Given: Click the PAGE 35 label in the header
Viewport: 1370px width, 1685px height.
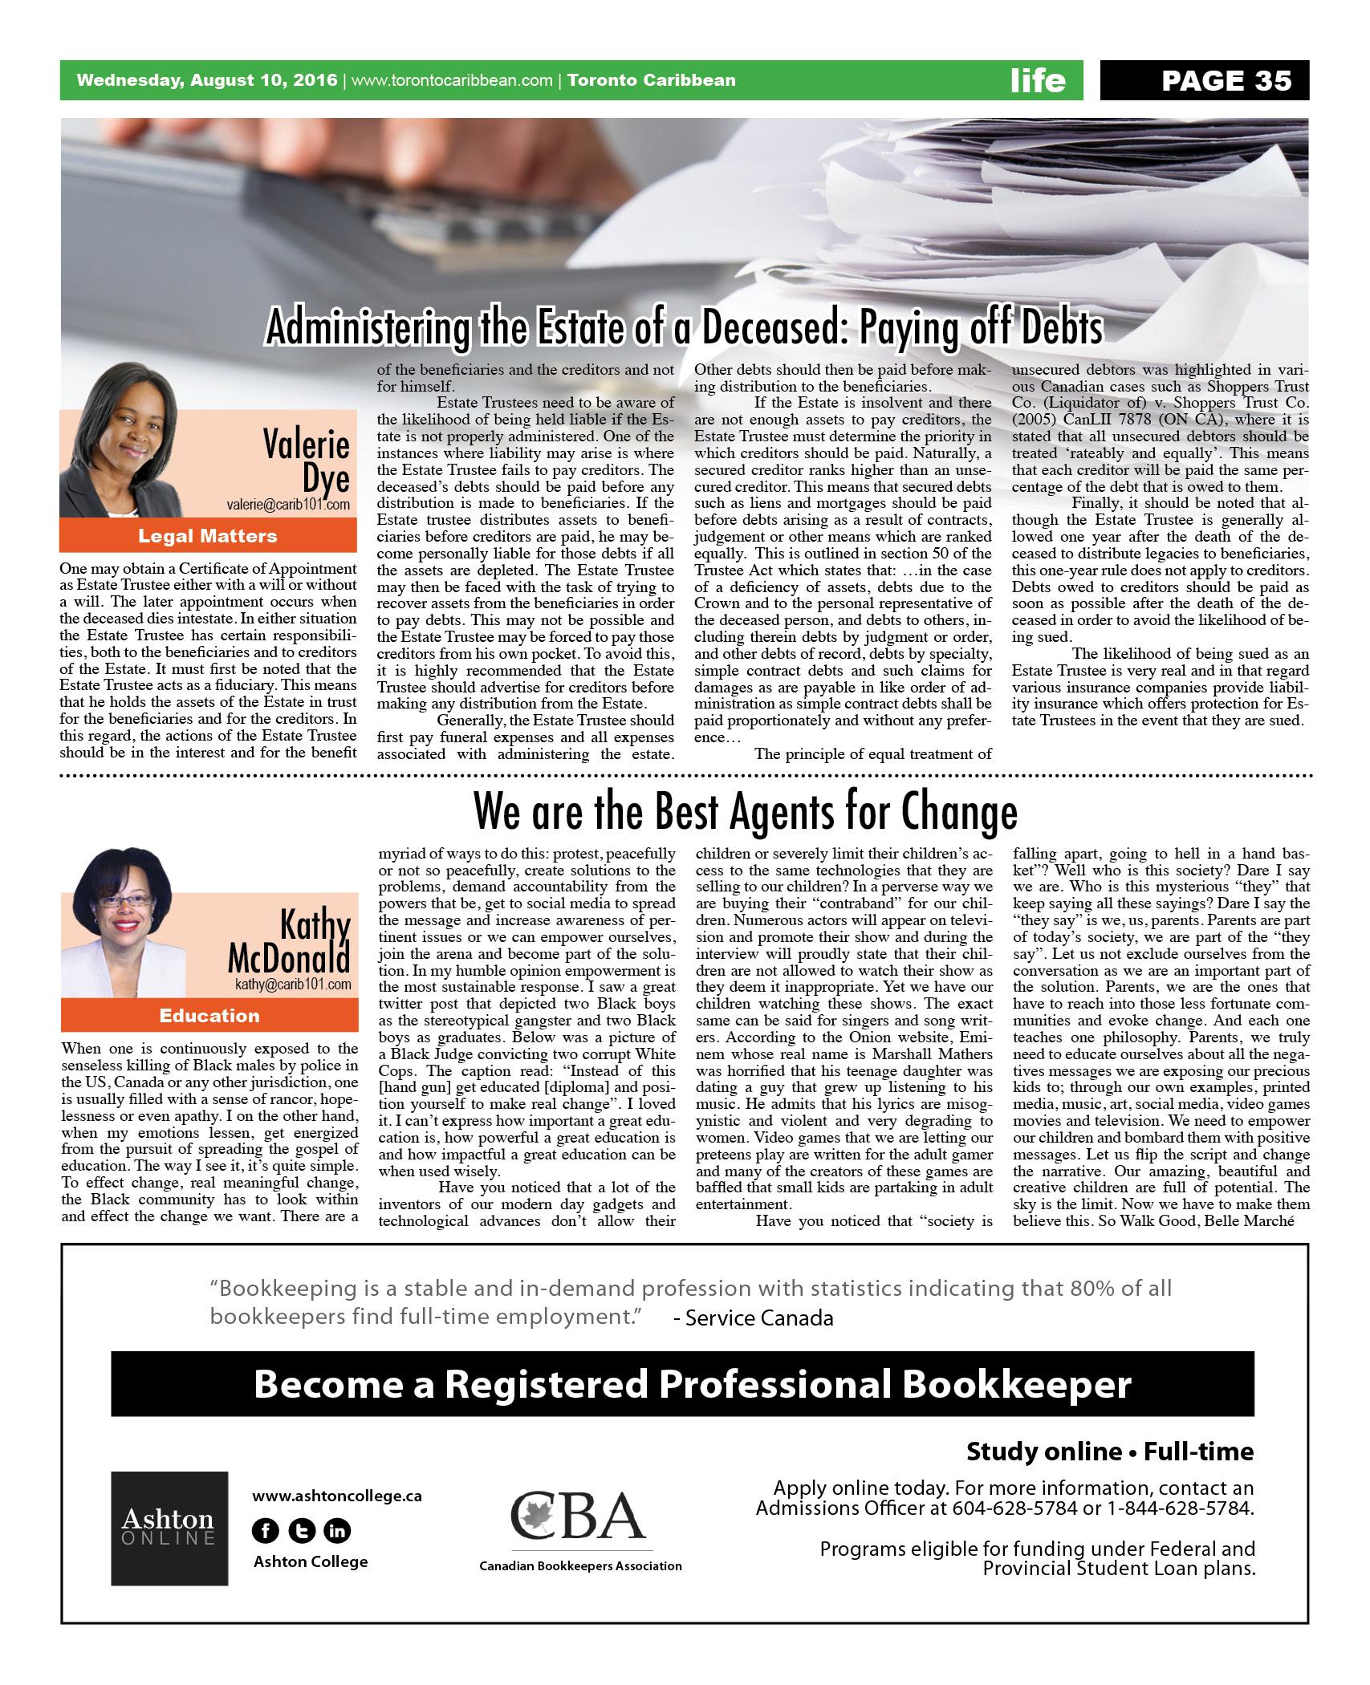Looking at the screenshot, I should pos(1226,80).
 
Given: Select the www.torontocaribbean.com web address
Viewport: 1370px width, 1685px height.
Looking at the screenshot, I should pos(452,80).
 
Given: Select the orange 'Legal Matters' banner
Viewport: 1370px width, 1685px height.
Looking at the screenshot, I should pos(208,536).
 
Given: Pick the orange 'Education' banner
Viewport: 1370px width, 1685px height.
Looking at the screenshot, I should pos(209,1016).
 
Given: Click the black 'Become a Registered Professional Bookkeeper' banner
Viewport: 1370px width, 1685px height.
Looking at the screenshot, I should pos(682,1383).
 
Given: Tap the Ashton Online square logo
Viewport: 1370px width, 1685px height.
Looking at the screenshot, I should pos(169,1539).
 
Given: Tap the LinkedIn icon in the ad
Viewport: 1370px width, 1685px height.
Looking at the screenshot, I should pos(338,1532).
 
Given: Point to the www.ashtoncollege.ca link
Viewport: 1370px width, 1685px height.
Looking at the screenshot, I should pos(337,1496).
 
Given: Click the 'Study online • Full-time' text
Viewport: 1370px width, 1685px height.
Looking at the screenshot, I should pos(1109,1452).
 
